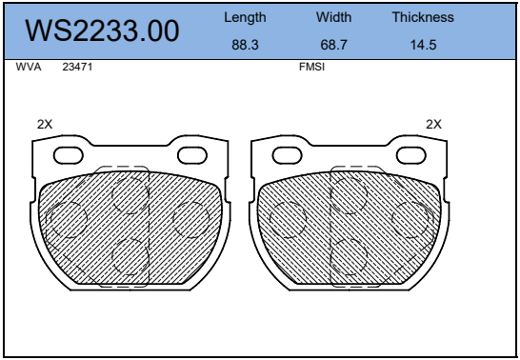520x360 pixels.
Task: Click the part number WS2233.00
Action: tap(102, 30)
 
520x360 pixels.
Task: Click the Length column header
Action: tap(245, 17)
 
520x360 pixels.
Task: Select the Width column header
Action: tap(333, 17)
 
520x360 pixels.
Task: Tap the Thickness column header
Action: tap(423, 17)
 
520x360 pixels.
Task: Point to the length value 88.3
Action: tap(245, 45)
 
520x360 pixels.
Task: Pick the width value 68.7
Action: tap(333, 45)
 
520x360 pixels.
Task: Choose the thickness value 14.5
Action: tap(423, 45)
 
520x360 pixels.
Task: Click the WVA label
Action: tap(29, 67)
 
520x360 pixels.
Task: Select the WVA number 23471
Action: tap(77, 67)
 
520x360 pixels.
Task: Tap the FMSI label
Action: tap(311, 67)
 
